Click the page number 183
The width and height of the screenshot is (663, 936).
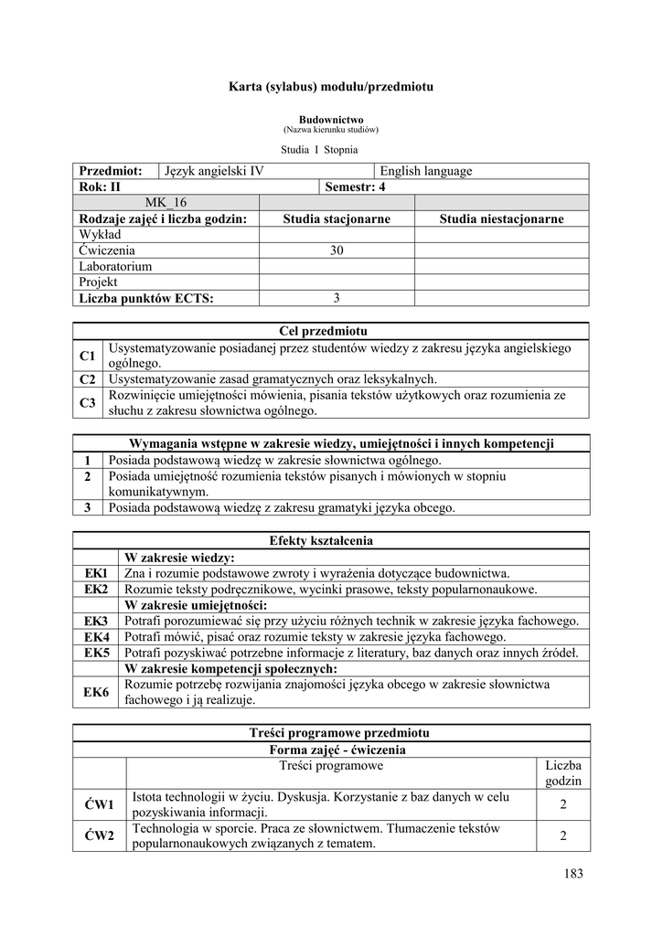[573, 874]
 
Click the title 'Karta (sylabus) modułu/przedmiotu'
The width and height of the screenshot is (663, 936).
[330, 87]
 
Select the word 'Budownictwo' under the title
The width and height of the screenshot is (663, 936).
[331, 120]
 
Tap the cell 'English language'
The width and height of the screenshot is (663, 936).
[426, 171]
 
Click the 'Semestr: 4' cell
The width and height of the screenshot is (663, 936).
[356, 186]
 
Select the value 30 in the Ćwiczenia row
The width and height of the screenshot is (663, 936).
[337, 250]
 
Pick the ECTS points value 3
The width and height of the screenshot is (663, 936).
[337, 298]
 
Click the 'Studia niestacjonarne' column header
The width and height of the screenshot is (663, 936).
[501, 218]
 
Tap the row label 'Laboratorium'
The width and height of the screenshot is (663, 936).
[115, 266]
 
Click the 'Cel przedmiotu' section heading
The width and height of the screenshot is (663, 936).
[331, 331]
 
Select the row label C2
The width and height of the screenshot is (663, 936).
[88, 378]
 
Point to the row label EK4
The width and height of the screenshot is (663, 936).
[97, 636]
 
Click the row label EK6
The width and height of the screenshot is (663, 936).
[97, 692]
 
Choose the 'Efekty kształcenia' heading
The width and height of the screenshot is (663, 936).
[331, 541]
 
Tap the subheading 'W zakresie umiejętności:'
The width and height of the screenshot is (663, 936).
[196, 604]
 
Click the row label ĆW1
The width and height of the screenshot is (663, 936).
[99, 804]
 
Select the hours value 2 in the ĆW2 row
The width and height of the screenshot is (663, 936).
[563, 835]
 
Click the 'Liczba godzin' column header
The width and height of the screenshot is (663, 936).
[563, 773]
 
